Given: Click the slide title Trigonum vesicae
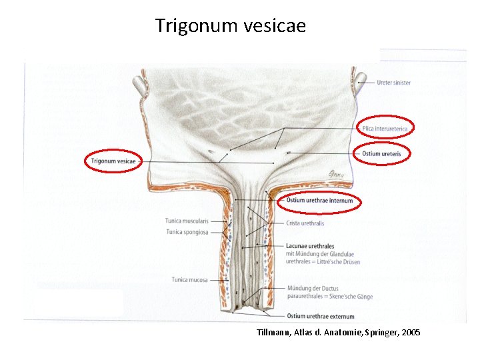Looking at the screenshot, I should click(231, 26).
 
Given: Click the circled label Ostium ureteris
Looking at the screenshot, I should click(381, 153).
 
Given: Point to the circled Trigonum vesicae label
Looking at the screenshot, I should click(113, 161).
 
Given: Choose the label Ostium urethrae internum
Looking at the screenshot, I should click(319, 200).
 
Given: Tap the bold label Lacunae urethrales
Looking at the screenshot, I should click(309, 246).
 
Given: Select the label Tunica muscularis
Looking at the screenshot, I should click(187, 221).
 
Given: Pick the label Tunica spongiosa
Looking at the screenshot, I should click(187, 232).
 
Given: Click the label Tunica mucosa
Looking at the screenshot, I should click(190, 280).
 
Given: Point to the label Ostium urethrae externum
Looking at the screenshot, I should click(320, 315).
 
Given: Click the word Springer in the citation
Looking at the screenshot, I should click(383, 332).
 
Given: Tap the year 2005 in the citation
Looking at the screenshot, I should click(411, 332).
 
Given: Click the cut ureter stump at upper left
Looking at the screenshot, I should click(139, 85).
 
